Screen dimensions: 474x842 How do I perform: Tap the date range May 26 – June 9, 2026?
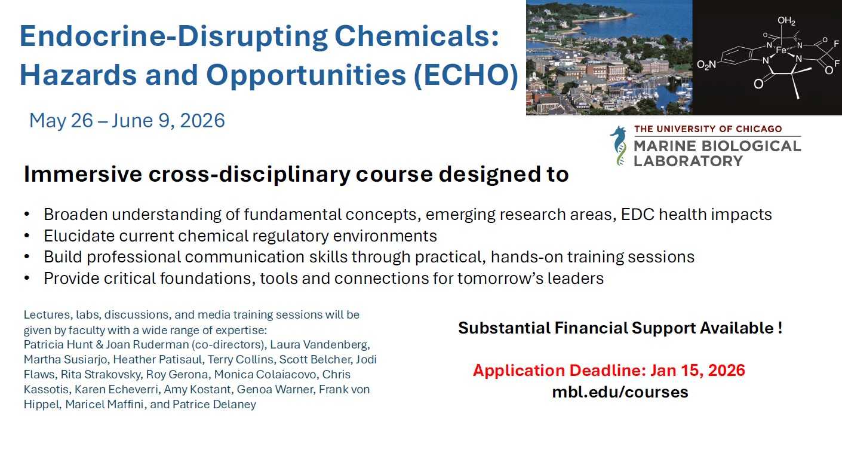pyautogui.click(x=127, y=121)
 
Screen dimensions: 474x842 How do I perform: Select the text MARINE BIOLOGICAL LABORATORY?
pyautogui.click(x=717, y=153)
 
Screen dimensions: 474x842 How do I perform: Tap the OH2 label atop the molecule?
pyautogui.click(x=786, y=22)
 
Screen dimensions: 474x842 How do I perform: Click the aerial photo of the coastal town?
pyautogui.click(x=609, y=57)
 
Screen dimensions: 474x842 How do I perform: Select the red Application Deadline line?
pyautogui.click(x=609, y=370)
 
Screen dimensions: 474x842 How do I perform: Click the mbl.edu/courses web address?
pyautogui.click(x=620, y=392)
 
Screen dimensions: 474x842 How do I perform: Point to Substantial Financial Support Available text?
pyautogui.click(x=620, y=328)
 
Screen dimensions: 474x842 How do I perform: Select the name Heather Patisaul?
pyautogui.click(x=153, y=359)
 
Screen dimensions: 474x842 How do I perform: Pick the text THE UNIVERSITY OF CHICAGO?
pyautogui.click(x=708, y=129)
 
